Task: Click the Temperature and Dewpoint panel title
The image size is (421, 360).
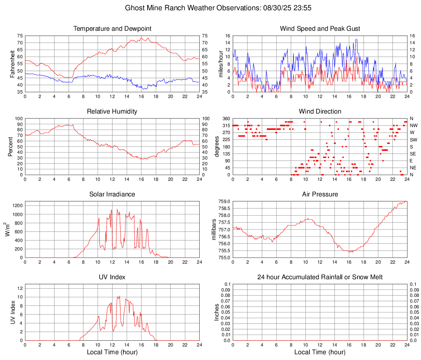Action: [x=112, y=29]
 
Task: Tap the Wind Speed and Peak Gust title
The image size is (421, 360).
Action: [x=320, y=29]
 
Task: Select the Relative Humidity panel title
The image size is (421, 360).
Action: [x=112, y=112]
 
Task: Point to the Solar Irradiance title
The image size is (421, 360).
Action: [x=112, y=194]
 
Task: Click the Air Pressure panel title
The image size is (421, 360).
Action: [x=320, y=194]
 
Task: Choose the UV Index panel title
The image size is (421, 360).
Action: [x=112, y=277]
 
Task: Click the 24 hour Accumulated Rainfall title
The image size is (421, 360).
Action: [x=320, y=277]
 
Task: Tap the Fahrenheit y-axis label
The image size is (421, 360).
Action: [x=12, y=64]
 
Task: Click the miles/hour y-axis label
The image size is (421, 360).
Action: [x=221, y=64]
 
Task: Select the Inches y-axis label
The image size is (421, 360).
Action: [x=217, y=312]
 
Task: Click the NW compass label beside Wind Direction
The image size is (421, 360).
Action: [x=414, y=125]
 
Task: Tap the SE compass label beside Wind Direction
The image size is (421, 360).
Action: [x=413, y=154]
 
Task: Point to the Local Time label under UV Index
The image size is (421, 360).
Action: [x=112, y=352]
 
